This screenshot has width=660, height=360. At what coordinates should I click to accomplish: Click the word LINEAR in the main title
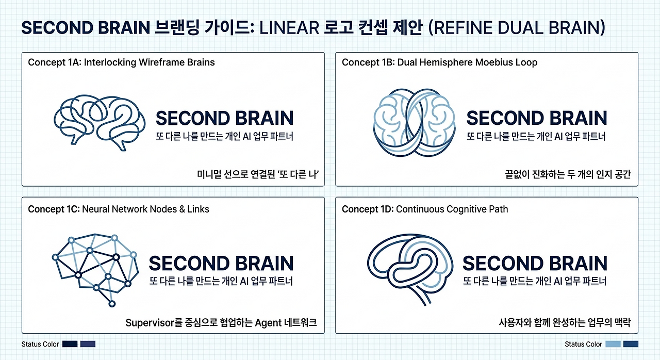289,28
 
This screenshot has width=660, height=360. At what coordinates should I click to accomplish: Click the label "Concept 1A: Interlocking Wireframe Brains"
121,62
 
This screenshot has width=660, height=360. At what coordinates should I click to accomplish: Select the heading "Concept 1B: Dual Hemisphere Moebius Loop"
440,62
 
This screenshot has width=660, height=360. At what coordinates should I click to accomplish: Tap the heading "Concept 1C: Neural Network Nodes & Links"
119,209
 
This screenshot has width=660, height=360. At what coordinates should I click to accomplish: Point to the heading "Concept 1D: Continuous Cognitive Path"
425,209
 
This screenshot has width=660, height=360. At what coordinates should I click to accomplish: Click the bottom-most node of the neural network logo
112,304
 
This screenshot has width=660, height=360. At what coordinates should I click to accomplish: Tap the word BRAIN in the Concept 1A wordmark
265,118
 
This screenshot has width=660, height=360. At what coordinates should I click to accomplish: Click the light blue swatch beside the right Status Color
613,344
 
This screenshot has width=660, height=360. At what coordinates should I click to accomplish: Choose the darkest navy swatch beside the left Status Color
70,344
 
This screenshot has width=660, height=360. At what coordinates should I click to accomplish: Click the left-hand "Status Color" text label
40,344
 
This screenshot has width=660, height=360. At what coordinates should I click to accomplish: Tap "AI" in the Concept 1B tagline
558,136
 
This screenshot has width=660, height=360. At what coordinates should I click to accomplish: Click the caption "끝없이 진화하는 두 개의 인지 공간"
568,174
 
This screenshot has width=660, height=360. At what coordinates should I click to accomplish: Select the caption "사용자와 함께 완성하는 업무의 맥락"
565,322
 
